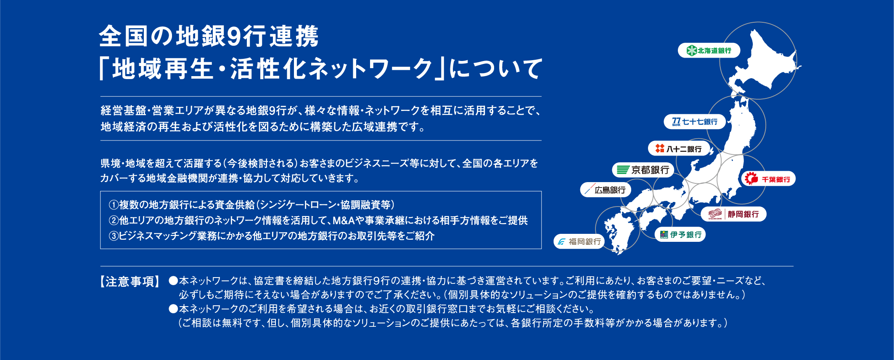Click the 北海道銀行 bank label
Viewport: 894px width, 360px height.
pyautogui.click(x=709, y=50)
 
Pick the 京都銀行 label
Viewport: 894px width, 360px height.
pyautogui.click(x=643, y=170)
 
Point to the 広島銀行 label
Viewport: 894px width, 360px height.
pyautogui.click(x=606, y=190)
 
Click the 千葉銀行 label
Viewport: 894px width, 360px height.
pyautogui.click(x=768, y=179)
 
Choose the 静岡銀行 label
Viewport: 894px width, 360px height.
pyautogui.click(x=733, y=214)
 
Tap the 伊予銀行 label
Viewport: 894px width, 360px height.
pyautogui.click(x=680, y=235)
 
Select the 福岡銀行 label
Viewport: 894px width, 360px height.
pyautogui.click(x=579, y=241)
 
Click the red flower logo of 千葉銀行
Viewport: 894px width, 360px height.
pyautogui.click(x=751, y=179)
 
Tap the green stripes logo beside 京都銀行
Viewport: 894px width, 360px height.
pyautogui.click(x=623, y=170)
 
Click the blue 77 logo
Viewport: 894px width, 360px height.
pyautogui.click(x=676, y=122)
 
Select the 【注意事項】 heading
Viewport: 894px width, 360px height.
pyautogui.click(x=130, y=281)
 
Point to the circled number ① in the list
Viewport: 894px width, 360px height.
pyautogui.click(x=114, y=205)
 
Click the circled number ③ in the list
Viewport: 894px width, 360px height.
pyautogui.click(x=114, y=236)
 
